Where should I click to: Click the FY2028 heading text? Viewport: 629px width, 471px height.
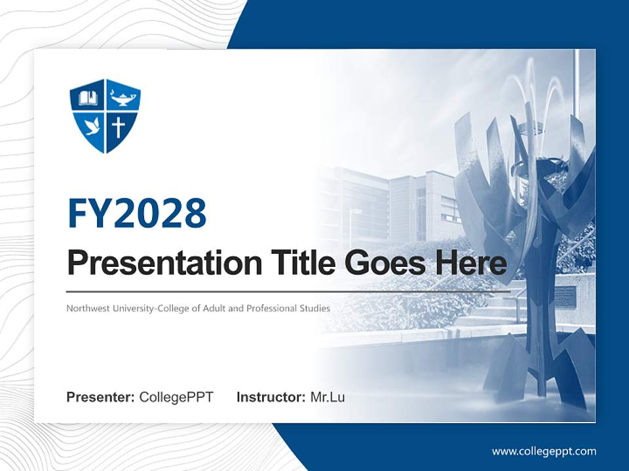(136, 213)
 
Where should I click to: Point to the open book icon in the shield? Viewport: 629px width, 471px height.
(88, 99)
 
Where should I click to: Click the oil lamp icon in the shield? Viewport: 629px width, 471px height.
(123, 99)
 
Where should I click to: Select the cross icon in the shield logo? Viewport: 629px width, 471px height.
(119, 126)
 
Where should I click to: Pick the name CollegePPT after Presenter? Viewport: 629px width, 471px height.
(176, 397)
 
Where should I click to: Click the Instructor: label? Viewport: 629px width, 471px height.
(271, 397)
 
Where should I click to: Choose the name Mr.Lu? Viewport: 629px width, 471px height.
(327, 397)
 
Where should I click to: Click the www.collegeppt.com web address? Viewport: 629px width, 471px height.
(544, 451)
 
